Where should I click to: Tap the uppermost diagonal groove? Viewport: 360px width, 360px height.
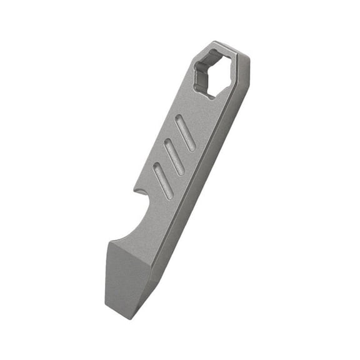[186, 133]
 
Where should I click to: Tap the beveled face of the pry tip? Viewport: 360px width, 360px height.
[128, 275]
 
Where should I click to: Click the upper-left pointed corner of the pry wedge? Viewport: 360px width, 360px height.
[107, 245]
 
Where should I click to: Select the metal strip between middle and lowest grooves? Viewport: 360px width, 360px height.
[167, 168]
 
